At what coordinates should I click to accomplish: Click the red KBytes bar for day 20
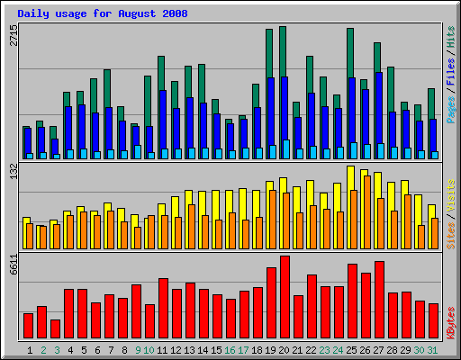pyautogui.click(x=285, y=296)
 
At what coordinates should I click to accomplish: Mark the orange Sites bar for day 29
pyautogui.click(x=407, y=221)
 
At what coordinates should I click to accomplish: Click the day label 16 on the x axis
pyautogui.click(x=230, y=349)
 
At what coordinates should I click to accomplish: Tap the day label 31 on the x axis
pyautogui.click(x=433, y=349)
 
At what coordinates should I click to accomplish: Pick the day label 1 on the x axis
pyautogui.click(x=30, y=349)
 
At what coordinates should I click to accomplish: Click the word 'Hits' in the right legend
pyautogui.click(x=450, y=35)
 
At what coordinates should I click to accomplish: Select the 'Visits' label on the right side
pyautogui.click(x=450, y=195)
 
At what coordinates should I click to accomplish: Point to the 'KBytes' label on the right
pyautogui.click(x=450, y=319)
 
